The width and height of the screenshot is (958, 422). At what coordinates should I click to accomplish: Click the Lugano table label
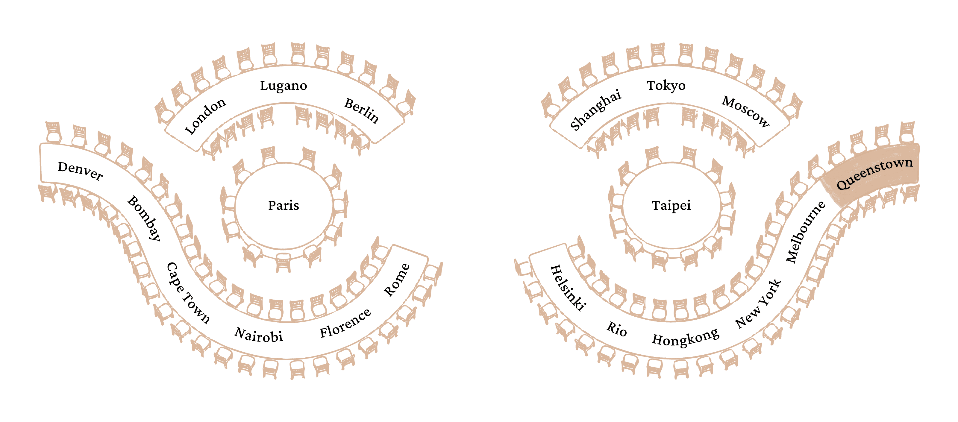[x=284, y=86]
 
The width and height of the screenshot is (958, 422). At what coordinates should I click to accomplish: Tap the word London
[x=205, y=116]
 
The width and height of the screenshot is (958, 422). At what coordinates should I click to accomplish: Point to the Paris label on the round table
[x=284, y=205]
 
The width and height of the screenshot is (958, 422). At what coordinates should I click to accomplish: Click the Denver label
[x=80, y=171]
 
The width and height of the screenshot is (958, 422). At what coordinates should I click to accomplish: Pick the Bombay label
[x=144, y=218]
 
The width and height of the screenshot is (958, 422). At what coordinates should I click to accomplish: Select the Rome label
[x=396, y=280]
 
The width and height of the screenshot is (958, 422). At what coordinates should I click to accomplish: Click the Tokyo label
[x=666, y=86]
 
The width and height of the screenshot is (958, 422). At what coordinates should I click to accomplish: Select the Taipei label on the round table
[x=671, y=205]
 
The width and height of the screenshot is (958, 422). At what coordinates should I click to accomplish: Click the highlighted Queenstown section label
[x=874, y=173]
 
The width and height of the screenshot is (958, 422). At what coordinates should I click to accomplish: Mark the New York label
[x=759, y=304]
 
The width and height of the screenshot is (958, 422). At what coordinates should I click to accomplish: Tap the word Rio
[x=617, y=329]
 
